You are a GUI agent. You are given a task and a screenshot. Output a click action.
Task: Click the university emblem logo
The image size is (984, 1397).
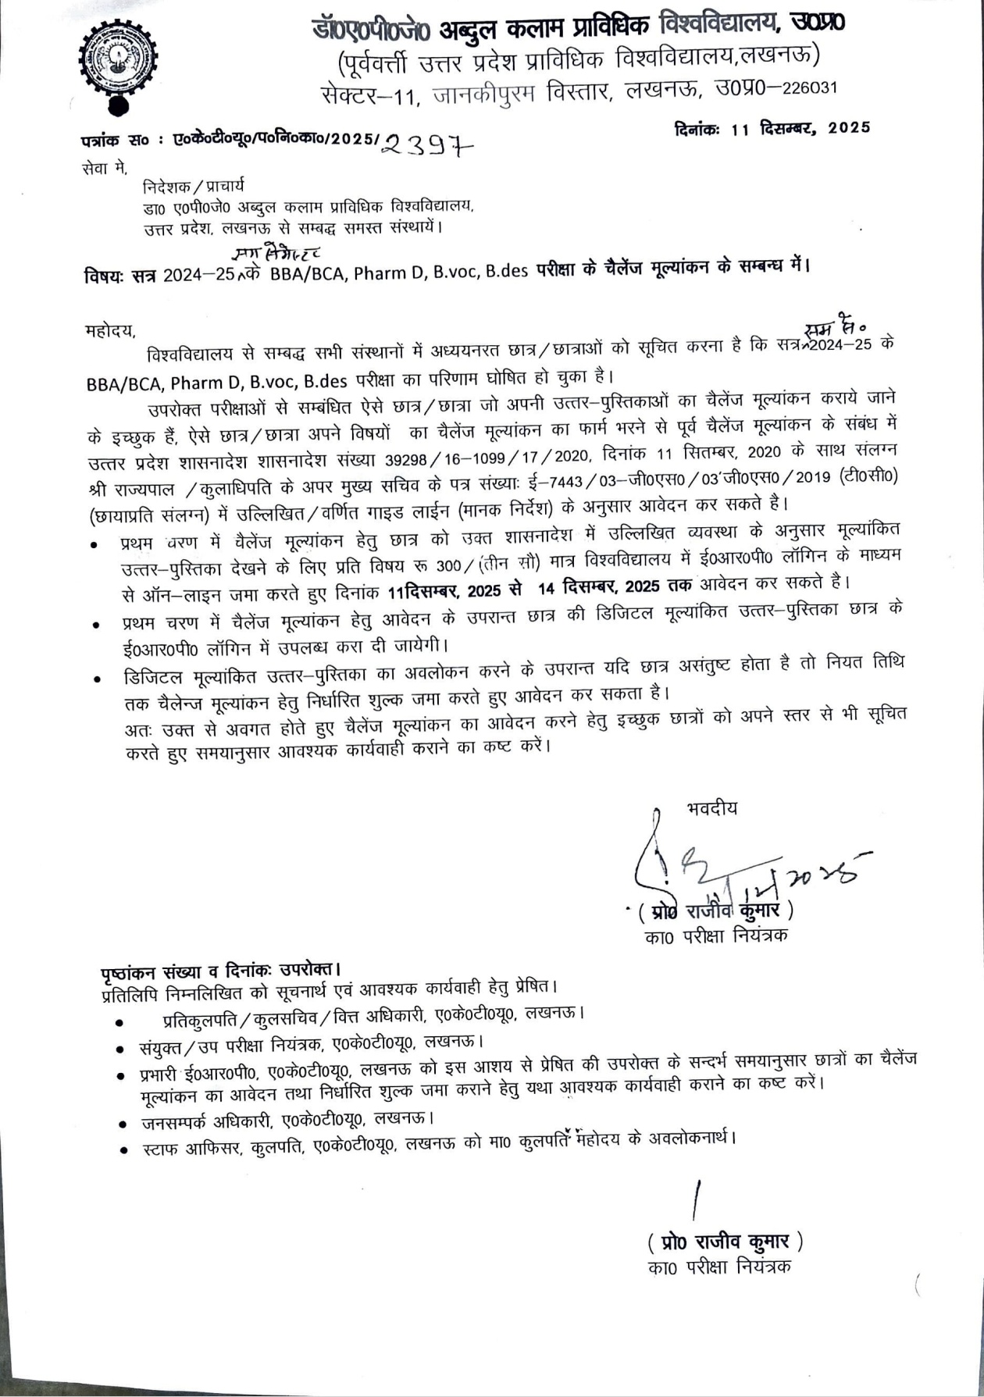click(x=118, y=66)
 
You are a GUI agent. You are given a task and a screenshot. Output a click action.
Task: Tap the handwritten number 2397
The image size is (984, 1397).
click(x=430, y=144)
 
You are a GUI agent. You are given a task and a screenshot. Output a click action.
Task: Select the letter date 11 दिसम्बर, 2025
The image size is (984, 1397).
click(x=800, y=129)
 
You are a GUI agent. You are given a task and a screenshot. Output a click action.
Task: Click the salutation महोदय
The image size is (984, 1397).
click(x=110, y=331)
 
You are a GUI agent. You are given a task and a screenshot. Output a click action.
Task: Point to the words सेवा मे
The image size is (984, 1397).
click(x=104, y=167)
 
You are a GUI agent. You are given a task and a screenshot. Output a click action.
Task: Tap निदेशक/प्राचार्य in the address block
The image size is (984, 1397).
click(x=193, y=187)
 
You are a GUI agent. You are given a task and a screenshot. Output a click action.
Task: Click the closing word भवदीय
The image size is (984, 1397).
click(x=711, y=808)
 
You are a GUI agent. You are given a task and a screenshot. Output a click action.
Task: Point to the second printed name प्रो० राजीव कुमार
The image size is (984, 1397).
click(x=725, y=1242)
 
